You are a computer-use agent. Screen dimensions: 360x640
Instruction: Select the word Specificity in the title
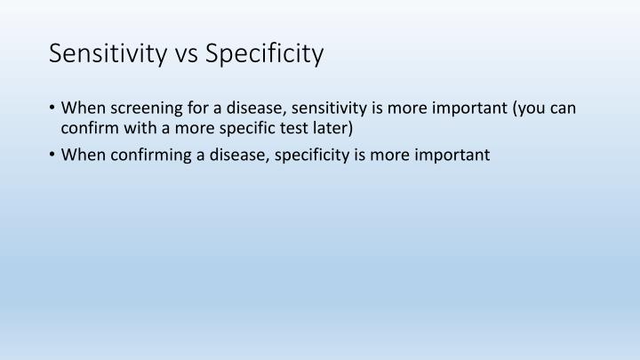coord(265,54)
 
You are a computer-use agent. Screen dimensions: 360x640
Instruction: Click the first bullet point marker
coord(53,109)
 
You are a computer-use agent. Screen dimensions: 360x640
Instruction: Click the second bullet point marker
coord(53,155)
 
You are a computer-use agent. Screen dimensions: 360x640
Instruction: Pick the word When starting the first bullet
coord(83,109)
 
